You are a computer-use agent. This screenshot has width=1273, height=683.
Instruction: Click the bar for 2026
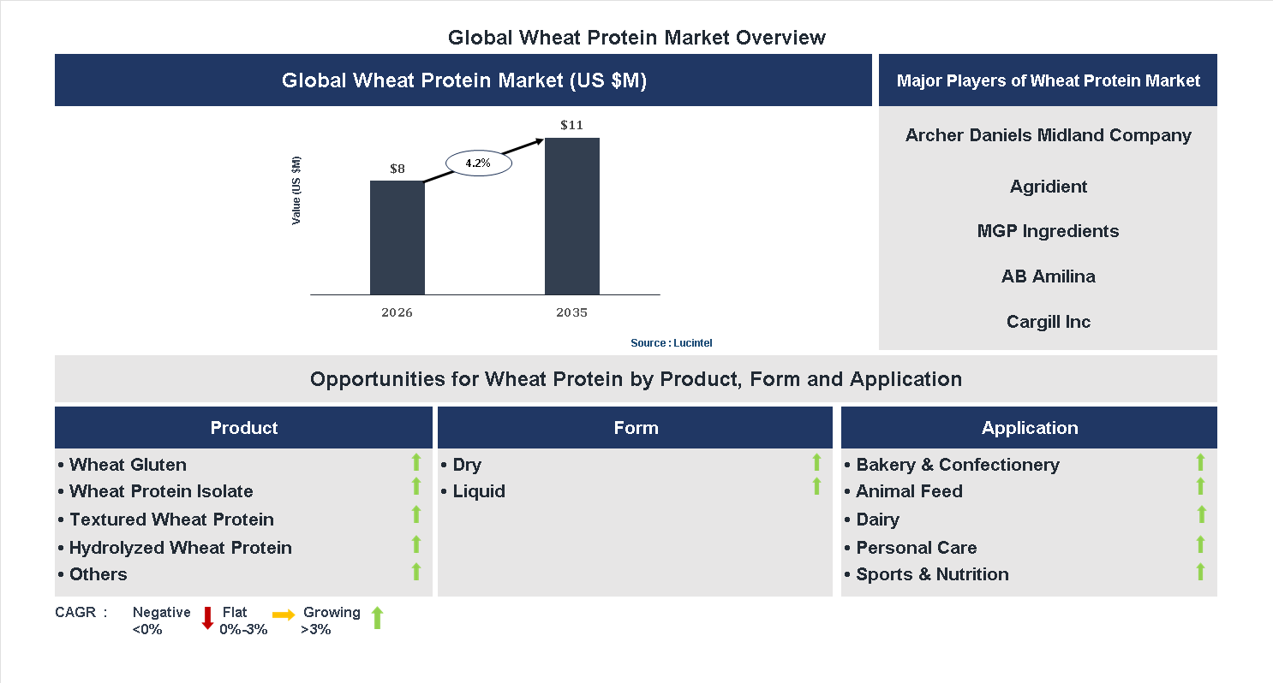click(x=397, y=237)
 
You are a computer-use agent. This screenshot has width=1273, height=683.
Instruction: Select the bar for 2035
click(x=571, y=216)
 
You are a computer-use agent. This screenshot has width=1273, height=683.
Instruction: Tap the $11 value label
click(x=571, y=125)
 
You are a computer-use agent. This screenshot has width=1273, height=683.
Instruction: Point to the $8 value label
click(x=397, y=169)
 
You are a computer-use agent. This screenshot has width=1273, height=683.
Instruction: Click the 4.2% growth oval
click(x=478, y=163)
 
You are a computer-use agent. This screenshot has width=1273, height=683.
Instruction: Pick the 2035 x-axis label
click(x=571, y=312)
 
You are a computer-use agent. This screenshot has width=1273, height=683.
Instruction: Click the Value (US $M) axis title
click(x=296, y=190)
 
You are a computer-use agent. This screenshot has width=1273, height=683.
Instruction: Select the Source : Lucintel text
click(x=671, y=342)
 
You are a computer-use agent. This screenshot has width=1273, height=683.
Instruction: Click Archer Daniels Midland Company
click(x=1048, y=135)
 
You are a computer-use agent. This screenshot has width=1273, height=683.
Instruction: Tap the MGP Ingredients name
click(x=1048, y=231)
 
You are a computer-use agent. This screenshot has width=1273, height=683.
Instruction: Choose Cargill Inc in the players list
click(x=1048, y=322)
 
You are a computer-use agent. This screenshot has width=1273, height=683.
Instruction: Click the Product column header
click(x=243, y=428)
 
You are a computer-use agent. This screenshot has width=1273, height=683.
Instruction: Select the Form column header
click(x=636, y=428)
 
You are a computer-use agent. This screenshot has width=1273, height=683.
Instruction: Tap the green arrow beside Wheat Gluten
click(x=416, y=463)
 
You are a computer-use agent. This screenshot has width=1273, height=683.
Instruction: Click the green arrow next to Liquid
click(x=816, y=487)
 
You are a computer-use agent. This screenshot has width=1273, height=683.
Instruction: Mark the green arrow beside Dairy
click(x=1201, y=514)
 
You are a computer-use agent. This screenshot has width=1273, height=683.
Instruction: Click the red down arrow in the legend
click(x=207, y=618)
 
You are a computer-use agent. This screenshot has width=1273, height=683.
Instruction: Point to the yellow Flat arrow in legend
click(x=284, y=615)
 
